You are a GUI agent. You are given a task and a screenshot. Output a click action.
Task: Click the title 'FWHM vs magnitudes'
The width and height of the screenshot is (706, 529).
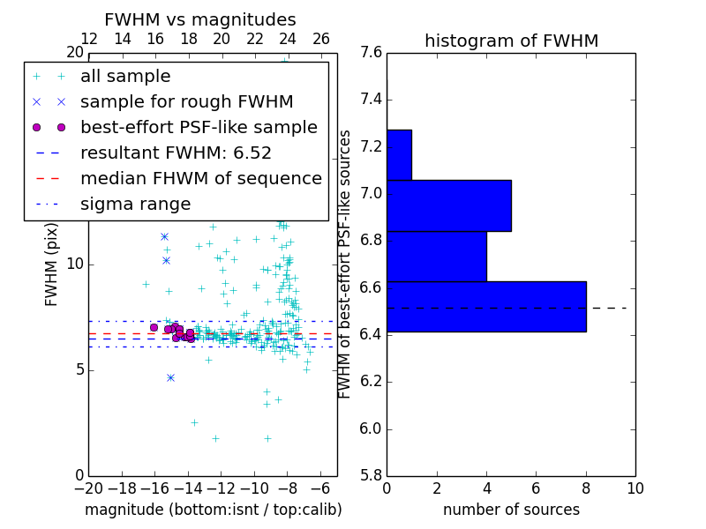click(x=200, y=20)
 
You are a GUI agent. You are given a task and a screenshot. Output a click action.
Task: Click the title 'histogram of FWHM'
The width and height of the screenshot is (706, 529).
click(x=511, y=41)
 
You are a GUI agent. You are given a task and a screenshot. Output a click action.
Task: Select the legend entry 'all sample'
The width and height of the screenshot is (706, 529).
click(x=125, y=77)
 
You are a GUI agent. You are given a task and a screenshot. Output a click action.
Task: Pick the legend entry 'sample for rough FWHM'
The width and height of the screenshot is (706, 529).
click(x=186, y=101)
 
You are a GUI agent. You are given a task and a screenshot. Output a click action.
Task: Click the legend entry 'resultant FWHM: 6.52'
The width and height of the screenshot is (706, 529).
click(x=176, y=153)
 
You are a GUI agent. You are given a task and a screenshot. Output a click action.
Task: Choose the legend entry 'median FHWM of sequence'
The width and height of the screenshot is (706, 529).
click(x=200, y=178)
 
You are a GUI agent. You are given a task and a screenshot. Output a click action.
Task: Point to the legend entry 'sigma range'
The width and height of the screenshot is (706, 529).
click(x=135, y=205)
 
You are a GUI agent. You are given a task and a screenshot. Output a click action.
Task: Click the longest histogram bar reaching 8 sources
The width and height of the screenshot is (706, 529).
click(x=486, y=306)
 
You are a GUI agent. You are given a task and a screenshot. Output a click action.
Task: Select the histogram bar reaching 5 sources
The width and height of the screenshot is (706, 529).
click(x=449, y=205)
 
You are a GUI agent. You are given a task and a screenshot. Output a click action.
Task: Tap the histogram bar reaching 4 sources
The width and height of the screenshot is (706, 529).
click(x=437, y=256)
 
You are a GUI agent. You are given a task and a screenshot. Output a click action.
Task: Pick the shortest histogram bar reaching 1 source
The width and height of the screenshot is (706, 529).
click(x=399, y=155)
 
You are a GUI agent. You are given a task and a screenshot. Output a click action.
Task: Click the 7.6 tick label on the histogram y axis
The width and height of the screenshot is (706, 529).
click(x=371, y=52)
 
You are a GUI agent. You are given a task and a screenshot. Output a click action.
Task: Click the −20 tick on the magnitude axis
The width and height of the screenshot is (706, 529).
click(x=88, y=488)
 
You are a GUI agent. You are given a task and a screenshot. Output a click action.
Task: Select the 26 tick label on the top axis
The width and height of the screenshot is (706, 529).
click(x=321, y=39)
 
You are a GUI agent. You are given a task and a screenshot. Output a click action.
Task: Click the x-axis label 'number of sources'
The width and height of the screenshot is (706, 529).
click(x=511, y=510)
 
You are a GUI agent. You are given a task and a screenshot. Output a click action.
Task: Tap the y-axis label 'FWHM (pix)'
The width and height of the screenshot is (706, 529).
click(x=52, y=264)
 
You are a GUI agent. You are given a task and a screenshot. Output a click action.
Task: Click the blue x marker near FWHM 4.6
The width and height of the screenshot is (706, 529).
click(x=170, y=377)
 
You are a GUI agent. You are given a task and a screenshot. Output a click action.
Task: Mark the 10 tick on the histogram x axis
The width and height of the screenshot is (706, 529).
click(x=635, y=488)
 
